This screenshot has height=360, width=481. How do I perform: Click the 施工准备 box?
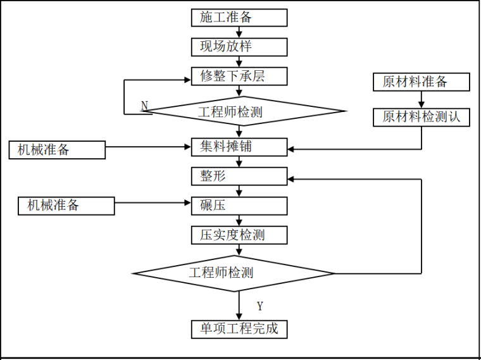(239, 17)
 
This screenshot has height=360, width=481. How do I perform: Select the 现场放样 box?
(239, 47)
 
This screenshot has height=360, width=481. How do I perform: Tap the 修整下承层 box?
(239, 76)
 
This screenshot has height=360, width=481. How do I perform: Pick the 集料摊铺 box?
(239, 146)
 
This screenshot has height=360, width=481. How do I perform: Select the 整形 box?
(239, 176)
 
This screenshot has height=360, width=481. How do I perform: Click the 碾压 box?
(239, 206)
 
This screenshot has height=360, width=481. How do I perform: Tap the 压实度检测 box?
(239, 235)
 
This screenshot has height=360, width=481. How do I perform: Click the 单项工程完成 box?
(239, 329)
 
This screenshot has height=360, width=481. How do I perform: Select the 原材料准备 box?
(421, 82)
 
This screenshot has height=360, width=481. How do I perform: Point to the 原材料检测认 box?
(421, 117)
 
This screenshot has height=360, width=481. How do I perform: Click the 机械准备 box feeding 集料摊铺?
(56, 150)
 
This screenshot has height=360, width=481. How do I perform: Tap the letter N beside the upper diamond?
(144, 105)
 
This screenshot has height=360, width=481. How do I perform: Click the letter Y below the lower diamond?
(259, 306)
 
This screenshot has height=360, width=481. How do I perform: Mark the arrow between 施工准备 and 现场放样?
(239, 32)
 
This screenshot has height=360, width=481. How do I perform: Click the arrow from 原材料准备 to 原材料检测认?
(421, 99)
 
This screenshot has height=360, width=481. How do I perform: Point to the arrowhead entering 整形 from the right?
(292, 179)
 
